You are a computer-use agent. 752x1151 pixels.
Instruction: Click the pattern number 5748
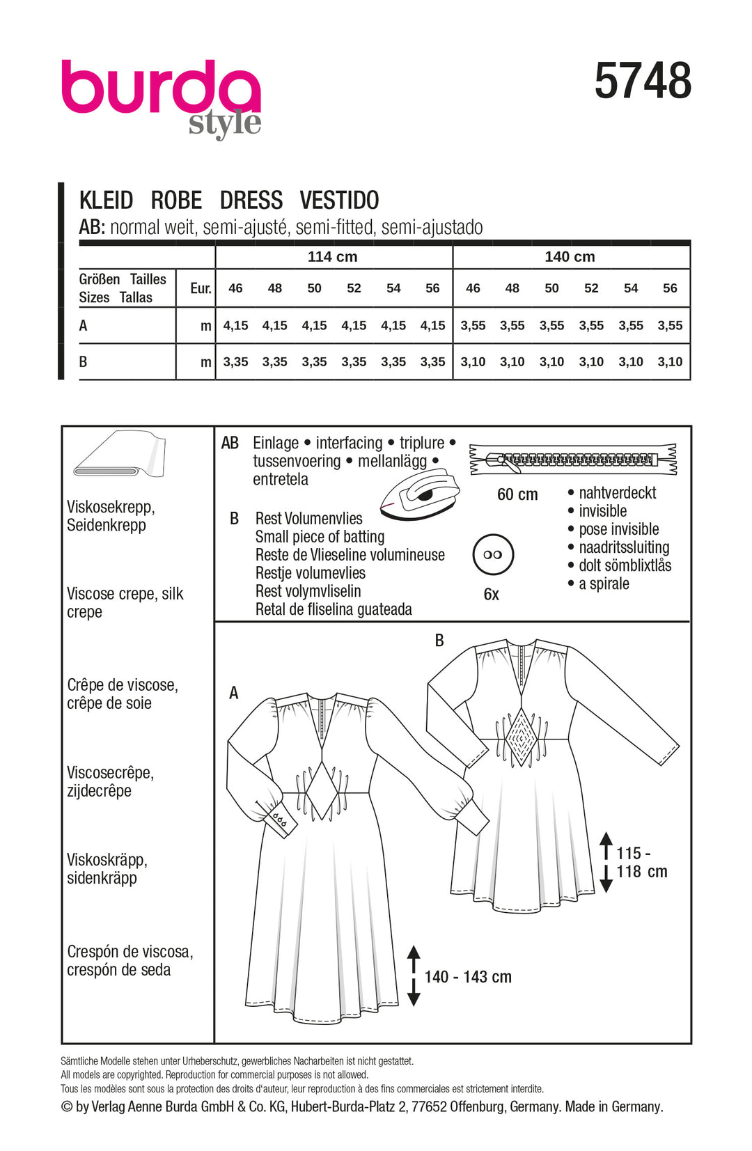[643, 81]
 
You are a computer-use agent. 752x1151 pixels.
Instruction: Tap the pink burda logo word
[160, 88]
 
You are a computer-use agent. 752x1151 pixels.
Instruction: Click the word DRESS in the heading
[251, 201]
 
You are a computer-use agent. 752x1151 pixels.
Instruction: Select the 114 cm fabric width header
[333, 256]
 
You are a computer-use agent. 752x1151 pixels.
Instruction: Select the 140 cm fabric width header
[570, 256]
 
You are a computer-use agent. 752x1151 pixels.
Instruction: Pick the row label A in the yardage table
[84, 326]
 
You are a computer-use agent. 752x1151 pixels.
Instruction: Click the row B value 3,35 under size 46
[236, 362]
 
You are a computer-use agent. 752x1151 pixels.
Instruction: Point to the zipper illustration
[573, 460]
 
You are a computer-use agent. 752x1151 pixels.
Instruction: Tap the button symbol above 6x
[492, 555]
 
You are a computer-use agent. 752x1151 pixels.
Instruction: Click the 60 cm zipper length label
[517, 495]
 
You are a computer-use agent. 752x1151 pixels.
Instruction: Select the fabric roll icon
[120, 454]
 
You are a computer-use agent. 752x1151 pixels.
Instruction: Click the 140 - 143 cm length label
[468, 977]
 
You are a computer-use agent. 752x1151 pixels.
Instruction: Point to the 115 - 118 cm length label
[641, 863]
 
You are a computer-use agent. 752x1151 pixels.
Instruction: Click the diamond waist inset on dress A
[321, 790]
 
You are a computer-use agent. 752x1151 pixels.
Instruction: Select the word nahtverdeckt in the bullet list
[617, 493]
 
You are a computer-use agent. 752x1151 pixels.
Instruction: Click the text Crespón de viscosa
[130, 952]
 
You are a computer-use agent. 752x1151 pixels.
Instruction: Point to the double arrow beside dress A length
[414, 976]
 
